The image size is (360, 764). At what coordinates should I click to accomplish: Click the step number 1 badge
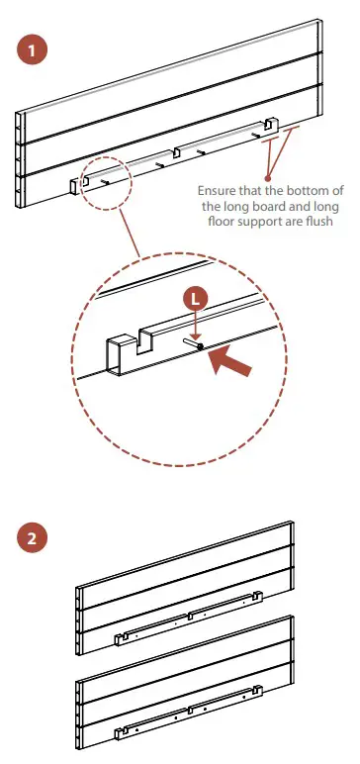[32, 50]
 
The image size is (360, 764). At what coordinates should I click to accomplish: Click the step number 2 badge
[32, 538]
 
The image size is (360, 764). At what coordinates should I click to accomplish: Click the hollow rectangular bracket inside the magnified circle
[121, 354]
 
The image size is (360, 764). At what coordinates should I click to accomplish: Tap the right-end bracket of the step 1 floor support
[270, 125]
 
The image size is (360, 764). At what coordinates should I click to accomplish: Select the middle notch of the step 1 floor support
[176, 151]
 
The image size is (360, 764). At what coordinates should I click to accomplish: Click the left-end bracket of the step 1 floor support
[75, 186]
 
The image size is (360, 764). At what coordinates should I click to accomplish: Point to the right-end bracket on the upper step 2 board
[258, 596]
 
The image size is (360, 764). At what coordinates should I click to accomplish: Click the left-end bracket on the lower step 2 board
[118, 733]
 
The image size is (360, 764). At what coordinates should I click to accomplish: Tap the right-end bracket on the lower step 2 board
[258, 691]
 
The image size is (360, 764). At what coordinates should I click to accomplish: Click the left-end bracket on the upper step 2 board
[118, 638]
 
